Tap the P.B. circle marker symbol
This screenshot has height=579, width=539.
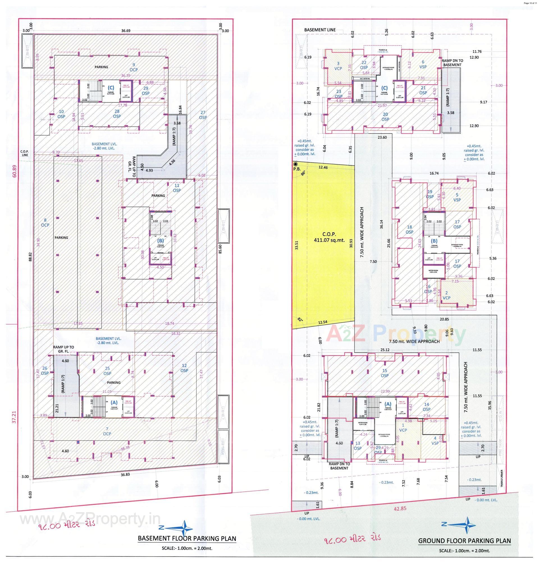tap(296, 165)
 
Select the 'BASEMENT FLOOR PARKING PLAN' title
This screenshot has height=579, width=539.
tap(187, 539)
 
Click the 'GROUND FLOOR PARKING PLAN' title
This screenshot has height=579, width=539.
tap(464, 541)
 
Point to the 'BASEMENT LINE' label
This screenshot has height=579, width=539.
tap(320, 30)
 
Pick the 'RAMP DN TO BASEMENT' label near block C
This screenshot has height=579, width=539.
tap(452, 63)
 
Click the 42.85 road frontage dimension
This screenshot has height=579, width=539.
tap(400, 509)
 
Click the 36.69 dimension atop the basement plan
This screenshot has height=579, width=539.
tap(126, 31)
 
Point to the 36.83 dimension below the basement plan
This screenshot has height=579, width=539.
tap(125, 475)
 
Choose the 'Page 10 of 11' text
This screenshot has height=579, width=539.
tap(530, 3)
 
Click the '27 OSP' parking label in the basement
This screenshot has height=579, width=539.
tap(203, 115)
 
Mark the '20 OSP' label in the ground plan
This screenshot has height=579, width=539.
tap(385, 117)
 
